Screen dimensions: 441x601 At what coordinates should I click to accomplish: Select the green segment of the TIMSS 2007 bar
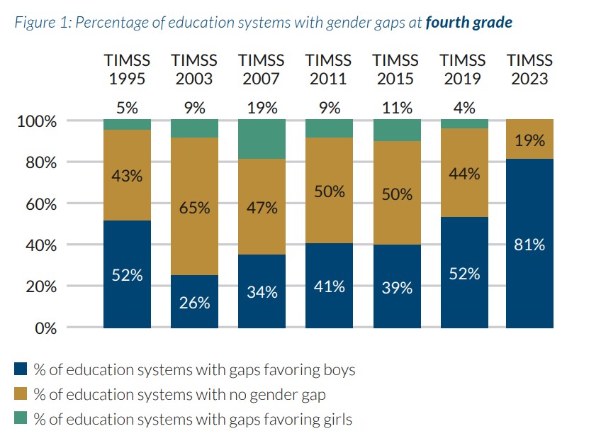pos(262,139)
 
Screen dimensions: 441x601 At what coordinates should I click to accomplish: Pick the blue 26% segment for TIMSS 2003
pos(194,301)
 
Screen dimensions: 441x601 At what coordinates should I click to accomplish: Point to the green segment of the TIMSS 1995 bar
pos(128,125)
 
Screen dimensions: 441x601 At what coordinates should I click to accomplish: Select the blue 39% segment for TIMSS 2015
pos(396,286)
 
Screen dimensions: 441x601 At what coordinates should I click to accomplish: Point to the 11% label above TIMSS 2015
pos(396,108)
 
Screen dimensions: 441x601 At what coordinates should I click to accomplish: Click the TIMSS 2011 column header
pos(329,69)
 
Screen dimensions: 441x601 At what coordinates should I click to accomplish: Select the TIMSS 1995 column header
pos(128,69)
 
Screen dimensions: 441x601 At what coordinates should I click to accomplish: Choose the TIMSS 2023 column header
pos(529,69)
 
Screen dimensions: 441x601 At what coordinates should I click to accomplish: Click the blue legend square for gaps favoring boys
pos(21,370)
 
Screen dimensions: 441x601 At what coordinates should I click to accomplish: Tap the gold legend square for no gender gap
pos(21,395)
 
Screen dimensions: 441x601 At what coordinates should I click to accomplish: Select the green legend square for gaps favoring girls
pos(21,420)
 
